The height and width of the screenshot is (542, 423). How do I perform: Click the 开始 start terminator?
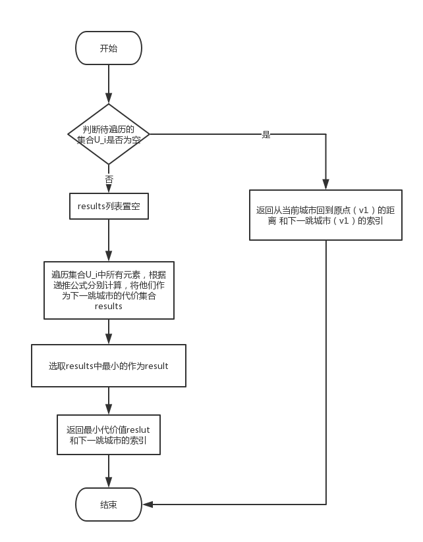[109, 48]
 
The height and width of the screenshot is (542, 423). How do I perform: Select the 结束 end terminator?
[109, 505]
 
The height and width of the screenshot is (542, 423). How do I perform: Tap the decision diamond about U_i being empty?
[109, 134]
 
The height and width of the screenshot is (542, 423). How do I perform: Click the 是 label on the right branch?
[266, 134]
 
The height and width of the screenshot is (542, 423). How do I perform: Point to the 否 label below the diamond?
[109, 180]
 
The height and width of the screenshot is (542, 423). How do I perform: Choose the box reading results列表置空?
[109, 207]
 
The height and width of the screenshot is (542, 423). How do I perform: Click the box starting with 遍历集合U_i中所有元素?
[109, 290]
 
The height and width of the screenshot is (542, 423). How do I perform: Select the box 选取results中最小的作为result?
[109, 366]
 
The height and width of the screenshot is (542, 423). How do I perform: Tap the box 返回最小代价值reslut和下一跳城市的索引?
[109, 435]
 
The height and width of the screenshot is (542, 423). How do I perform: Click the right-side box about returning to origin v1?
[325, 215]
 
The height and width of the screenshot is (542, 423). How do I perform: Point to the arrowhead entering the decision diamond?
[109, 98]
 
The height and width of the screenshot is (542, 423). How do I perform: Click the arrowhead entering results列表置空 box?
[109, 188]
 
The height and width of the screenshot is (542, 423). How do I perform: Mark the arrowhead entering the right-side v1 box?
[325, 185]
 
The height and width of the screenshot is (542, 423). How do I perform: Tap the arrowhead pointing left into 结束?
[148, 505]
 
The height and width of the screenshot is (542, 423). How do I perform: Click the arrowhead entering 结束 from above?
[109, 483]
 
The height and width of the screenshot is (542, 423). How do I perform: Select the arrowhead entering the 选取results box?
[109, 339]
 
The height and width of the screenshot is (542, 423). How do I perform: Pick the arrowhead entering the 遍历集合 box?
[109, 257]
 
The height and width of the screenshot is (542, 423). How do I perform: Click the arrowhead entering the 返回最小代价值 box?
[109, 410]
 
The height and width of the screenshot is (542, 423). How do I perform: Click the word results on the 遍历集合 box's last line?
[108, 307]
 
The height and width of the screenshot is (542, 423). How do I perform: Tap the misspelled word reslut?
[138, 430]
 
